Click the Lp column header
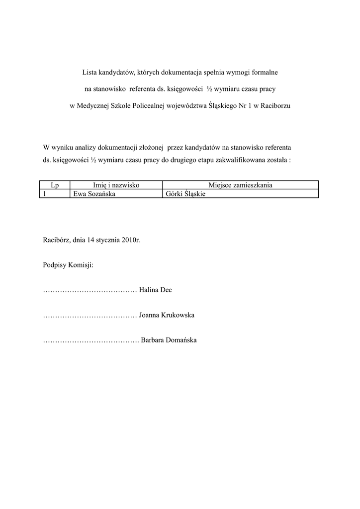[55, 185]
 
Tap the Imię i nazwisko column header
[116, 185]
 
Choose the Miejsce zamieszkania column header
[240, 185]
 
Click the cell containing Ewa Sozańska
[94, 194]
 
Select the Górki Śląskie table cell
[184, 194]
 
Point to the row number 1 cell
[45, 194]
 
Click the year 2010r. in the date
[131, 240]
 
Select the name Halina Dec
[156, 290]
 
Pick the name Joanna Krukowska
[167, 315]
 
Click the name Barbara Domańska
[169, 340]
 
